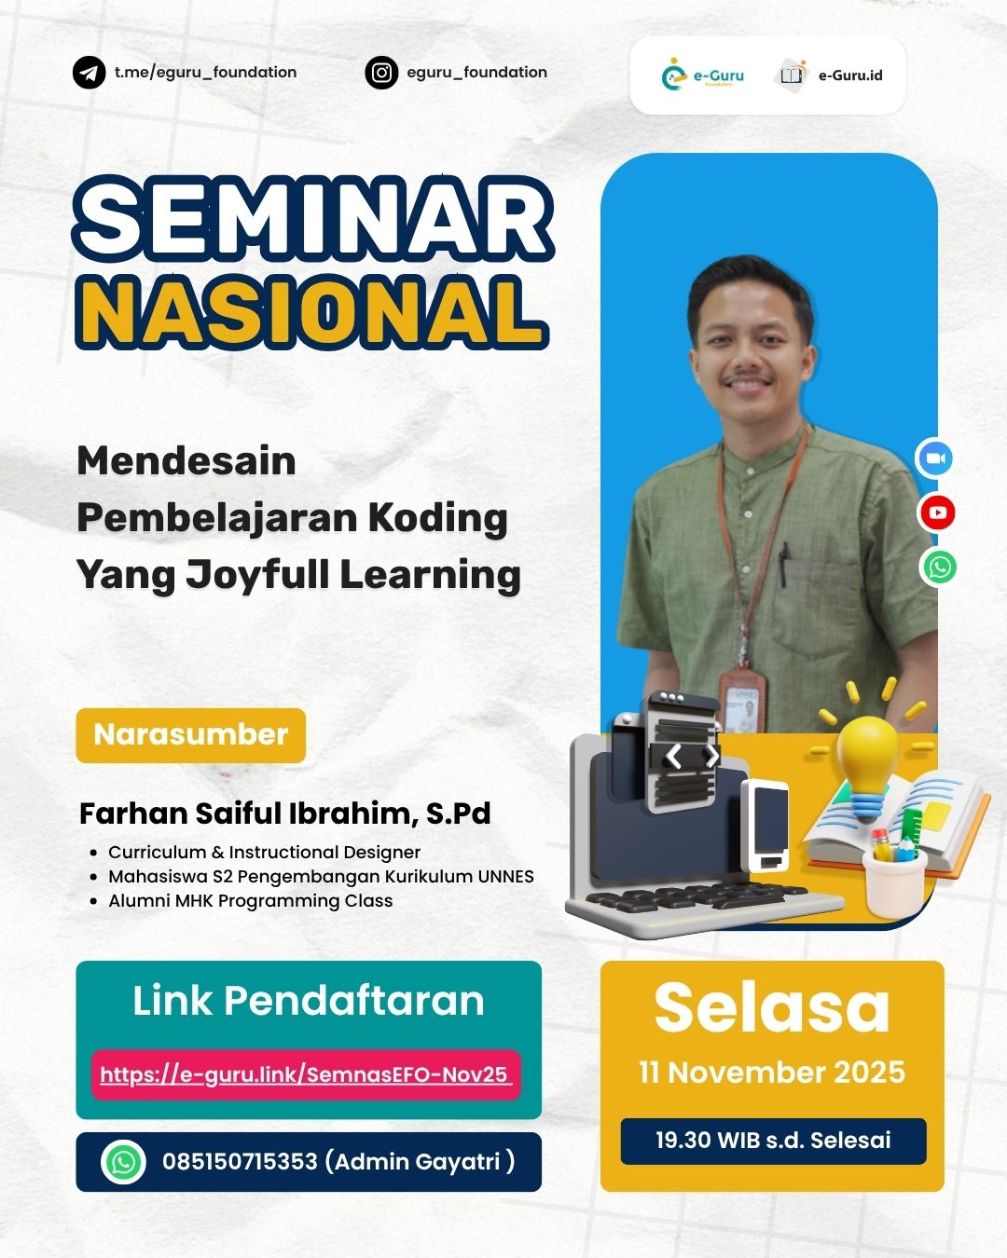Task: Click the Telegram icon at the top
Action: [x=90, y=73]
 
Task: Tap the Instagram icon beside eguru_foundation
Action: [x=381, y=73]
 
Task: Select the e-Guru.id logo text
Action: [x=849, y=75]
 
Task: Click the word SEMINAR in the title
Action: [x=314, y=221]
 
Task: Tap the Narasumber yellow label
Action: [x=191, y=735]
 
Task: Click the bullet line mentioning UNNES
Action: [x=321, y=876]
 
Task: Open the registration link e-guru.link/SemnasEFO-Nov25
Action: [x=305, y=1074]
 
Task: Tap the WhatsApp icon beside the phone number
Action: [x=124, y=1162]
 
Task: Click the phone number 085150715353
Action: [x=240, y=1162]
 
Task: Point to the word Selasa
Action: [x=771, y=1007]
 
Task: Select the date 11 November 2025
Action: [x=771, y=1073]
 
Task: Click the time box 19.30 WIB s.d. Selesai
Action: [x=773, y=1141]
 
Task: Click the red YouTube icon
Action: [x=937, y=513]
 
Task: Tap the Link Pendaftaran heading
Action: [x=309, y=1001]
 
